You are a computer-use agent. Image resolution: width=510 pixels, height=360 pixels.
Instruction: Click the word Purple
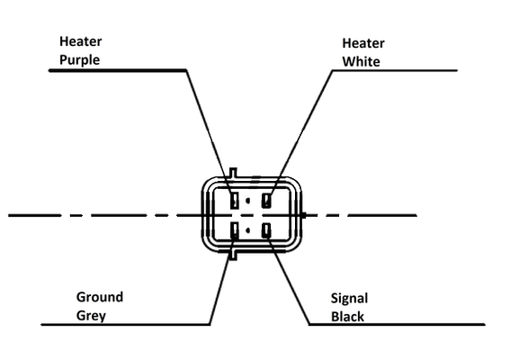pyautogui.click(x=80, y=60)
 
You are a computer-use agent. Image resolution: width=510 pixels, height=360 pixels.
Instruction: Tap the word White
pyautogui.click(x=361, y=61)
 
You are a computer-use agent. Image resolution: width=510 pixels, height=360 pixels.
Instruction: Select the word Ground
pyautogui.click(x=100, y=297)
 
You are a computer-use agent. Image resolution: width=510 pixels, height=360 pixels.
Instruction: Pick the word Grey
pyautogui.click(x=91, y=316)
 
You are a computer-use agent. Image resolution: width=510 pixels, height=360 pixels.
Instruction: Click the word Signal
pyautogui.click(x=349, y=299)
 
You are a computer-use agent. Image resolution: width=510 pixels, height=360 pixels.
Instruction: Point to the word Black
pyautogui.click(x=347, y=317)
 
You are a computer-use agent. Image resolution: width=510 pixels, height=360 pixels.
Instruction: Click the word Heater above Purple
pyautogui.click(x=81, y=41)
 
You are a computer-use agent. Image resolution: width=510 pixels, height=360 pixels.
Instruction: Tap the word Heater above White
pyautogui.click(x=363, y=43)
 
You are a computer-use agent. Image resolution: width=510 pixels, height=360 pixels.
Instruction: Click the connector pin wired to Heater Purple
pyautogui.click(x=234, y=200)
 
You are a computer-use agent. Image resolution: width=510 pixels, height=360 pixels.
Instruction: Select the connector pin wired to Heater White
pyautogui.click(x=266, y=200)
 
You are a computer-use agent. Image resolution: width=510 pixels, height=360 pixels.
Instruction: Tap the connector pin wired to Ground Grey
pyautogui.click(x=234, y=230)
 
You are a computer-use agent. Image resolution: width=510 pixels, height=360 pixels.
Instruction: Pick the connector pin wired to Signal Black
pyautogui.click(x=266, y=230)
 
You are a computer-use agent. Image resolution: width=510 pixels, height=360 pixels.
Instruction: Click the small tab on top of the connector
pyautogui.click(x=233, y=173)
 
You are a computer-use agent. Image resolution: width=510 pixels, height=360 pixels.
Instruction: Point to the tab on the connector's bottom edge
pyautogui.click(x=233, y=255)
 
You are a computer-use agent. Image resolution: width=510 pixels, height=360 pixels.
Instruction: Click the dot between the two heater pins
pyautogui.click(x=248, y=201)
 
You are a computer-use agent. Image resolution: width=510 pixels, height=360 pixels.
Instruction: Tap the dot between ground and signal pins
pyautogui.click(x=248, y=230)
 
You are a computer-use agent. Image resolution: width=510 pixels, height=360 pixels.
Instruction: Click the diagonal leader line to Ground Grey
pyautogui.click(x=222, y=280)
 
